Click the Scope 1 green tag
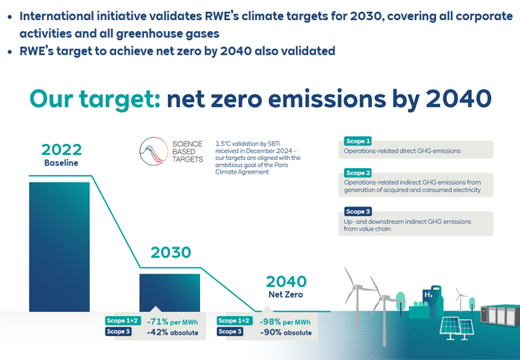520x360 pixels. (x=358, y=141)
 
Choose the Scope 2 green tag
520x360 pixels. (x=358, y=173)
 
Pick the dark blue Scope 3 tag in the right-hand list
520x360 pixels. (x=358, y=212)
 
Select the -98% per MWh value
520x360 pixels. (x=286, y=321)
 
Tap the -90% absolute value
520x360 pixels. (x=286, y=332)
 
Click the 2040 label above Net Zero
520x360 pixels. (x=286, y=282)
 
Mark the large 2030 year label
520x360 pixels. (x=170, y=253)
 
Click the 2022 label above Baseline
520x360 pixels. (x=62, y=149)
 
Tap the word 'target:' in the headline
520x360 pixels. (x=125, y=98)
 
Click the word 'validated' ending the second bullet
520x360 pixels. (x=307, y=51)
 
